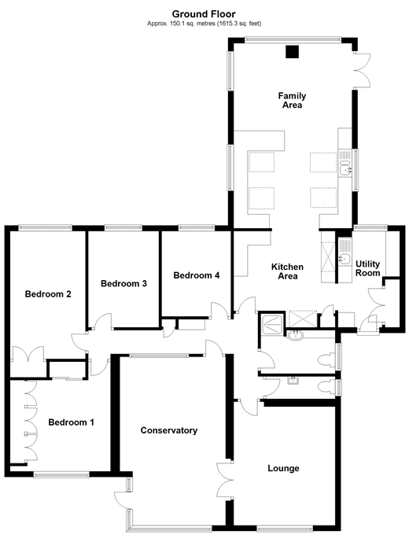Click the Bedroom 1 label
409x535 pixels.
71,422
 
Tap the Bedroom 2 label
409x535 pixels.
49,294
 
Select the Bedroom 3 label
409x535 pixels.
123,283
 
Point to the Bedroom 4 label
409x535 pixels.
197,275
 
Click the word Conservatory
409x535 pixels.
168,430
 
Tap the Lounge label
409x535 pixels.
283,468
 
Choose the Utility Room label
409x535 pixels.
367,268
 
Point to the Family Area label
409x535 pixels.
291,101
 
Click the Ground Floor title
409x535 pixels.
204,13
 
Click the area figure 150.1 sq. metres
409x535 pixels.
190,24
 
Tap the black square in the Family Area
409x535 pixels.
292,53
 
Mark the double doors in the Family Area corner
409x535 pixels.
362,71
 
